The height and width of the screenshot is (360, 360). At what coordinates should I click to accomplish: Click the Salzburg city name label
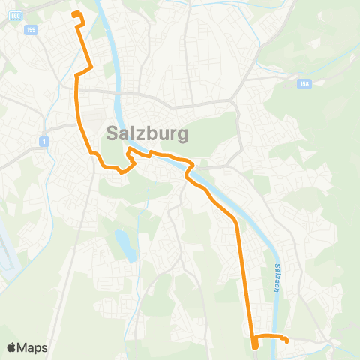coord(148,133)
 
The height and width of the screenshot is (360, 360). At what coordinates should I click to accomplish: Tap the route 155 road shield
coord(30,29)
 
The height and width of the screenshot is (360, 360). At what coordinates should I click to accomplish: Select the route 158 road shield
coord(302,84)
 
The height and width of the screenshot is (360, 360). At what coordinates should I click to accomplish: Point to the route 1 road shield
coord(45,141)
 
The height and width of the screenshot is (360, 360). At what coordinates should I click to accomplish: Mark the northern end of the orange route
coord(73,13)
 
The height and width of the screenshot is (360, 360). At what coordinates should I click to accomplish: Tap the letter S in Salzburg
coord(114,133)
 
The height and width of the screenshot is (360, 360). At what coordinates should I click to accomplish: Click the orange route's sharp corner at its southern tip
coord(254,346)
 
